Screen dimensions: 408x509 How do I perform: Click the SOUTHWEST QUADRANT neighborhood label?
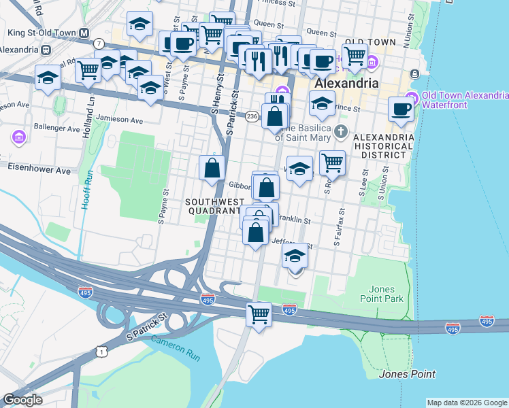[x=215, y=206]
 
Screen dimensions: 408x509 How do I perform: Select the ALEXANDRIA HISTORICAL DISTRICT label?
[x=383, y=147]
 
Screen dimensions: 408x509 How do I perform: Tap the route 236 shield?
[x=252, y=116]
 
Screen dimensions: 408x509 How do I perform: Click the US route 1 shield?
[x=102, y=351]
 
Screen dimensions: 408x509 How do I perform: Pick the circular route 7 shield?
[x=99, y=44]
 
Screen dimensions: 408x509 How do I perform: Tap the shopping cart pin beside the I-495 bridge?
[x=259, y=314]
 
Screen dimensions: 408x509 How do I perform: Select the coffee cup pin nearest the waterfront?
[x=401, y=109]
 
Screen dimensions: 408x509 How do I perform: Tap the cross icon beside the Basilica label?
[x=343, y=131]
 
